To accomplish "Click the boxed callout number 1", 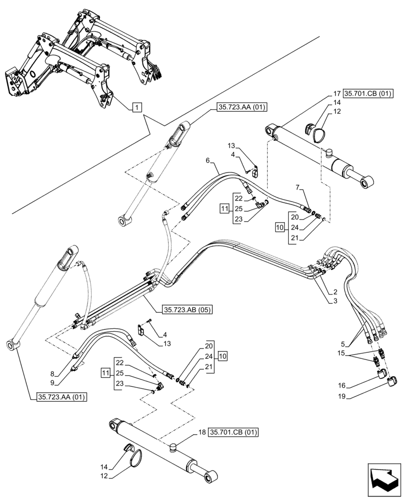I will point(137,106).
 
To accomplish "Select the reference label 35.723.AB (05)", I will point(187,310).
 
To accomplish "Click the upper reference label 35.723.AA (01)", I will point(242,106).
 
